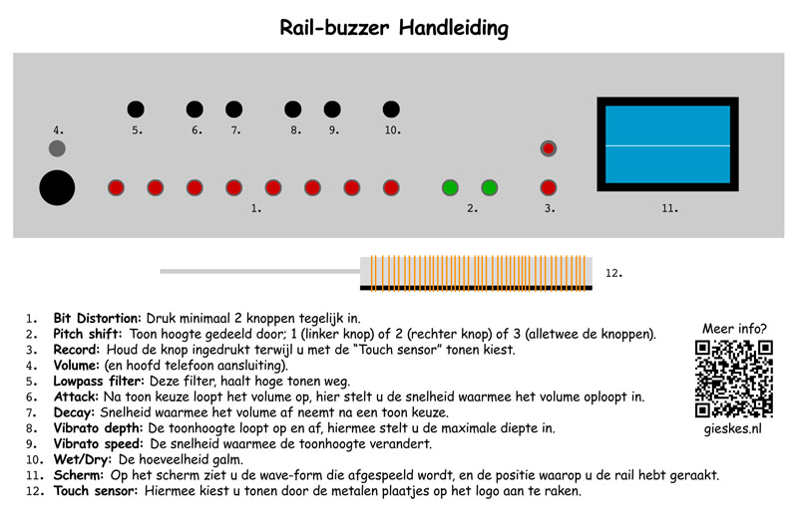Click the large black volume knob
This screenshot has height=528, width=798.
[x=57, y=187]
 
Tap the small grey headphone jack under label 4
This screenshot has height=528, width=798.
[x=57, y=148]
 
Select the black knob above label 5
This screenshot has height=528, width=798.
[x=136, y=109]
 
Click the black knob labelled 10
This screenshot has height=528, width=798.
[x=391, y=109]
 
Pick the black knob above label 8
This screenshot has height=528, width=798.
[x=292, y=109]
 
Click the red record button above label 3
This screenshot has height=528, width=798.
[x=548, y=187]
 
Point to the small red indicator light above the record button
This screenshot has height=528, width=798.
[x=548, y=148]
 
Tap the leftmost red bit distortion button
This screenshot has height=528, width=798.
[x=116, y=187]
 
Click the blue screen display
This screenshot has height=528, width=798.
[x=667, y=144]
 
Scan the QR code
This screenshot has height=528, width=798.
[x=734, y=380]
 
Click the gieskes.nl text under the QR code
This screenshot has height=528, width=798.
[x=733, y=429]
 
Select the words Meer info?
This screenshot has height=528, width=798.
[x=734, y=329]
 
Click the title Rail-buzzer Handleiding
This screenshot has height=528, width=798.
[x=394, y=28]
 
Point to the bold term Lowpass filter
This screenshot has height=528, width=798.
[x=99, y=382]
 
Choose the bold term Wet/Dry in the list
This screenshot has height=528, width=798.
[x=83, y=460]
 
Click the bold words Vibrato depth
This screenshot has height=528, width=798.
[x=98, y=428]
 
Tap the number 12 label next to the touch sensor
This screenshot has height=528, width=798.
[x=613, y=273]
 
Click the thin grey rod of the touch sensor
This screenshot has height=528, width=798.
[x=260, y=271]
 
